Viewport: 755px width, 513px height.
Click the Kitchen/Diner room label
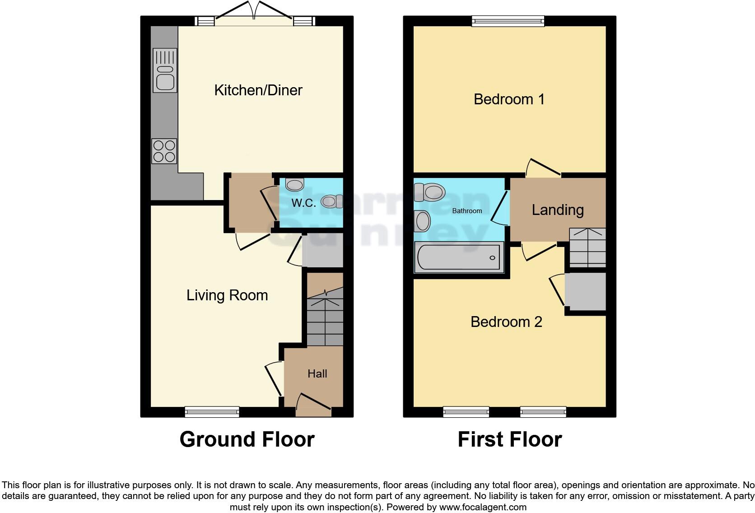pyautogui.click(x=258, y=90)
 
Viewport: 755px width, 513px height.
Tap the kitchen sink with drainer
pyautogui.click(x=165, y=70)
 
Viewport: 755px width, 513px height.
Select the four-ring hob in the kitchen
pyautogui.click(x=164, y=151)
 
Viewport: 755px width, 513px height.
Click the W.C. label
pyautogui.click(x=303, y=203)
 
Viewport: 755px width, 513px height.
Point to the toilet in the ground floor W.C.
pyautogui.click(x=332, y=201)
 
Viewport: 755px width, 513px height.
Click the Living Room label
pyautogui.click(x=227, y=295)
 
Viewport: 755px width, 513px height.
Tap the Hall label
pyautogui.click(x=317, y=374)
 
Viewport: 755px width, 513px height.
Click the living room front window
pyautogui.click(x=212, y=411)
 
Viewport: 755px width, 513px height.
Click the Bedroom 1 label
pyautogui.click(x=509, y=99)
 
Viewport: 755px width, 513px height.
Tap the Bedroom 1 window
pyautogui.click(x=508, y=21)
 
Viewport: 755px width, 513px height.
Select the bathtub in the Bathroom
pyautogui.click(x=459, y=257)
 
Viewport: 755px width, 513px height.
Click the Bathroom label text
pyautogui.click(x=467, y=211)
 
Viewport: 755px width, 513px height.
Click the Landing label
pyautogui.click(x=558, y=210)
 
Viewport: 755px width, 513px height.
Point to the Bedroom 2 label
pyautogui.click(x=506, y=322)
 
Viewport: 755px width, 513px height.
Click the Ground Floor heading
pyautogui.click(x=247, y=439)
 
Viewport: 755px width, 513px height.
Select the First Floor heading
pyautogui.click(x=509, y=439)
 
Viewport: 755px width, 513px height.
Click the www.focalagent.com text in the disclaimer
pyautogui.click(x=483, y=507)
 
